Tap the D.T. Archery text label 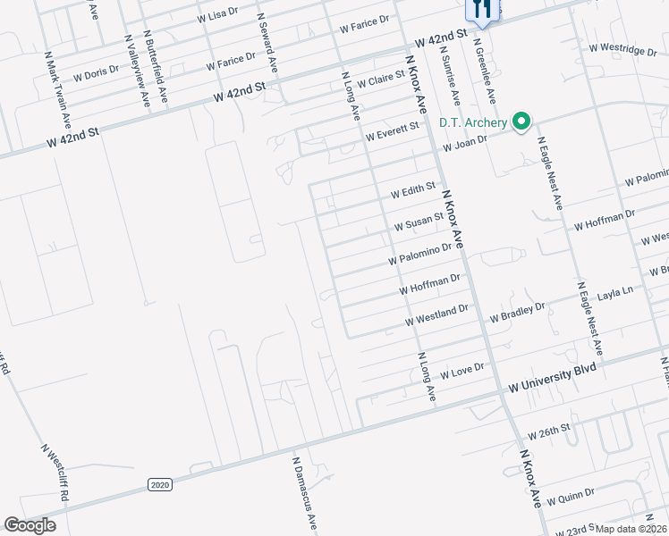tap(472, 123)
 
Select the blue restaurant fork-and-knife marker tap(481, 10)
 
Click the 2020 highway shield tap(159, 484)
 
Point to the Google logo tap(30, 525)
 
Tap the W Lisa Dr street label tap(217, 14)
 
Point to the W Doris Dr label tap(96, 73)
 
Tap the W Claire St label tap(381, 80)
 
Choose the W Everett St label tap(392, 133)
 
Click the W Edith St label tap(412, 191)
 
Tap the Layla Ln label tap(615, 292)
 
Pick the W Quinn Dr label tap(570, 495)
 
